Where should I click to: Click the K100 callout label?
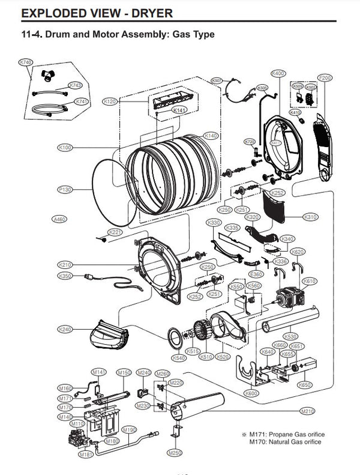[65, 147]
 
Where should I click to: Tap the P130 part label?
[65, 190]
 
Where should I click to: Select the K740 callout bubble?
[26, 62]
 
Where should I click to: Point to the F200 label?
[325, 78]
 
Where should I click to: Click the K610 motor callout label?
[310, 281]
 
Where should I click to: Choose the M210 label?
[307, 411]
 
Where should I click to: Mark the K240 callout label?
[65, 329]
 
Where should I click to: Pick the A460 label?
[59, 219]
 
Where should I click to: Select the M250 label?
[175, 452]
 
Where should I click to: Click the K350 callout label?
[65, 276]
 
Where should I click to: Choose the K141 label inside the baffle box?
[179, 110]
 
